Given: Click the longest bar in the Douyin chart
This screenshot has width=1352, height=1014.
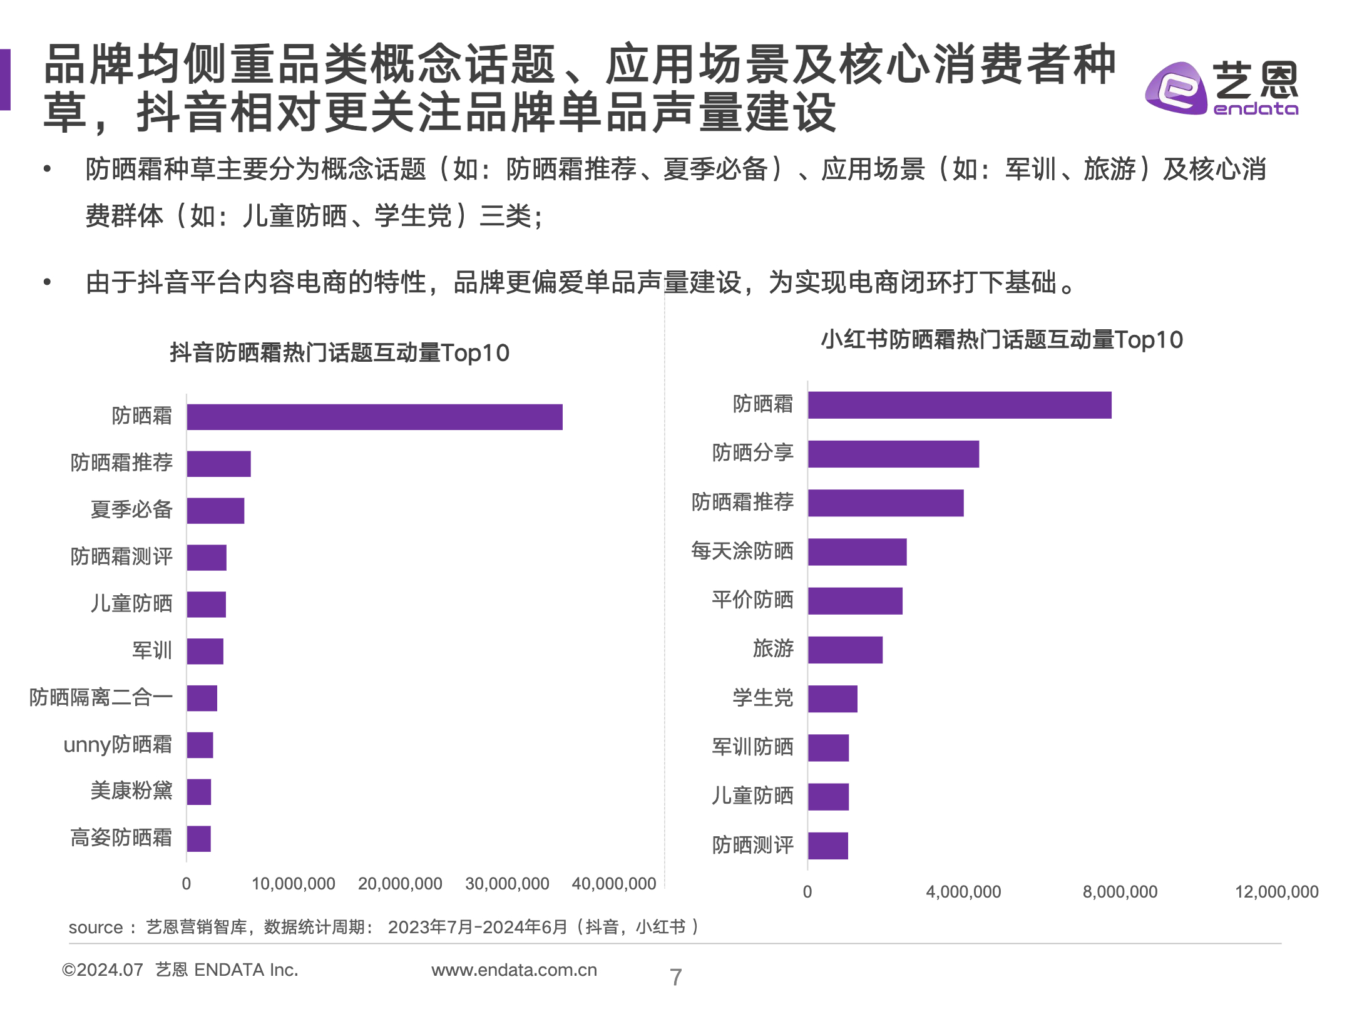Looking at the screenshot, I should coord(374,417).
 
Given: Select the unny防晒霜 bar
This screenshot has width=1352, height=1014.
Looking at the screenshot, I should coord(200,745).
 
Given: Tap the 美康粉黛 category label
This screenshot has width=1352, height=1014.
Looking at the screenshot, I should coord(131,791).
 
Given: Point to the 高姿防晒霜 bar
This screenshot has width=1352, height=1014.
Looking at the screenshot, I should coord(199,839).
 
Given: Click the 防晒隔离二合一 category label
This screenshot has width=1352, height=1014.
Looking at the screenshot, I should coord(101,697).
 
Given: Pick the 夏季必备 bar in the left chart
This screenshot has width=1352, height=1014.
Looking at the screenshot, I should coord(215,511).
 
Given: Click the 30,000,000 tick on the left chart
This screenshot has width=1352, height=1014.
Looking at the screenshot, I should coord(507,884).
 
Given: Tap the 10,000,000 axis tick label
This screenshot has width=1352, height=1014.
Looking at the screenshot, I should coord(293,884).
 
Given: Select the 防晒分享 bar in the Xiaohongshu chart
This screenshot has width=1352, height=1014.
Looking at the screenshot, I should coord(893,454).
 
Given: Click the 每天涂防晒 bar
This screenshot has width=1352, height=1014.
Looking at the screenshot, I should coord(857,552).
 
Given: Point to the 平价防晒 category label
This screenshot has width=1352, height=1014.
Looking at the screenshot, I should coord(752,600).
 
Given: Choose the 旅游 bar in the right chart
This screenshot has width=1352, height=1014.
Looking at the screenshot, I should coord(845,650).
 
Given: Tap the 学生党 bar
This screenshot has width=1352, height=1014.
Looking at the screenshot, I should coord(832,699).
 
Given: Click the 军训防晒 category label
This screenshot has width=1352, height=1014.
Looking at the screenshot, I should coord(752,747).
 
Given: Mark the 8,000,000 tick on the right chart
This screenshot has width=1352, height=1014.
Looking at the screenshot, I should coord(1120,892).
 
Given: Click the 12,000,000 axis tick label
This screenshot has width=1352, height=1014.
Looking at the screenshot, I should coord(1276,892).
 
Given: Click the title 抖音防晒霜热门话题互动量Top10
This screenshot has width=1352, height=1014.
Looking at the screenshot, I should coord(339,353).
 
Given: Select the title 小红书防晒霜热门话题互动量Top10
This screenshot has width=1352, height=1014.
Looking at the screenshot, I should coord(1001,340).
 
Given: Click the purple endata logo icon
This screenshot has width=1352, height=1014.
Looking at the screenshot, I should coord(1175,89).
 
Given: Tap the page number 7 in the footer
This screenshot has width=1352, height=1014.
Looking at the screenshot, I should coord(675,977).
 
